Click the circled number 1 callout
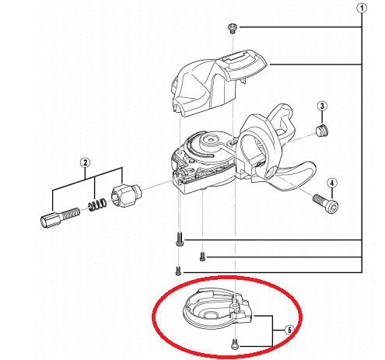click(362, 9)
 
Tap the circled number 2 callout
click(85, 163)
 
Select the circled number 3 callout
click(322, 106)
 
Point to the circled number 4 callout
click(332, 183)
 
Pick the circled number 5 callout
click(289, 330)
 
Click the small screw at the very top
click(233, 28)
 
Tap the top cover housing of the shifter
click(218, 83)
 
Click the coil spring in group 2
click(97, 204)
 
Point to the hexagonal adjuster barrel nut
click(126, 195)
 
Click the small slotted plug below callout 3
click(322, 130)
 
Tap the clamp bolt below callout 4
click(326, 204)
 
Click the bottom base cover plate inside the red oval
click(217, 308)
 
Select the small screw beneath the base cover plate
click(234, 344)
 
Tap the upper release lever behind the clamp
click(282, 119)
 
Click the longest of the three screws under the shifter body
click(179, 239)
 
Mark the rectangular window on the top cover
click(235, 60)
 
